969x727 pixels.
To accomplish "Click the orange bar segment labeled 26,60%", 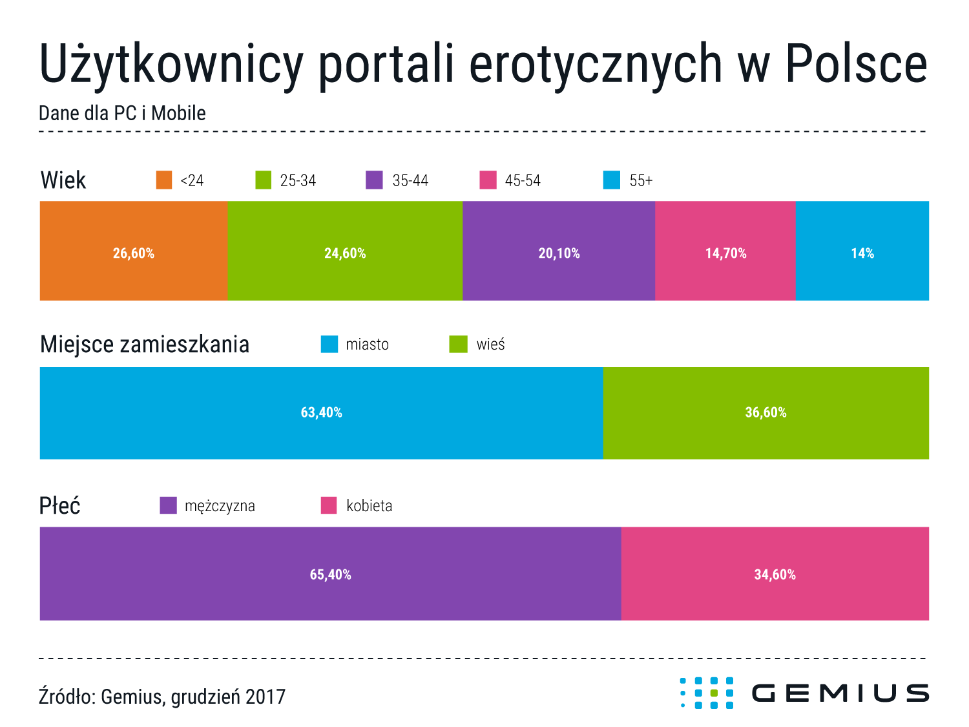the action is pos(133,251).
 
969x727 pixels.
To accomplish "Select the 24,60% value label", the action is pos(345,253).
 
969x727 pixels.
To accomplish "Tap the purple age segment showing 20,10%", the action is pos(558,251).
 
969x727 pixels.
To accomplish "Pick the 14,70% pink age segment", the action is pos(725,251).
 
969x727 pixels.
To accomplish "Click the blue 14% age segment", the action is pos(862,251).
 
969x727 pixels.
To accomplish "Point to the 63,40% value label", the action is pos(321,412).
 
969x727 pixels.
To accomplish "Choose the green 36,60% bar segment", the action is pos(766,413).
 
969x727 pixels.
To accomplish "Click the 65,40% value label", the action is pos(330,574).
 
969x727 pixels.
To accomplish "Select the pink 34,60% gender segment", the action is pos(775,573).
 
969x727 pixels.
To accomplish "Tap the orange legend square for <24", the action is pos(164,180).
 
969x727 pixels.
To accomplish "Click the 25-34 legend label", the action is pos(298,180).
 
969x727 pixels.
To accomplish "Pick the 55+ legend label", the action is pos(641,180).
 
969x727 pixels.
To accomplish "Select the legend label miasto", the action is pos(368,344).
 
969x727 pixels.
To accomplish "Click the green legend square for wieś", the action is pos(458,344).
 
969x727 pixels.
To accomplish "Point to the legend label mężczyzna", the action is pos(220,506).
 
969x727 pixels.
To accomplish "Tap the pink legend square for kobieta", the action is pos(329,505).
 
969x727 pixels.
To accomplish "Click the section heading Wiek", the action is pos(63,180).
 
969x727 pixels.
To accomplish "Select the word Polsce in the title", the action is pos(857,63).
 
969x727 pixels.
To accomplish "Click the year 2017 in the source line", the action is pos(266,697).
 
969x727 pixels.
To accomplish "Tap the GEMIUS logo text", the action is pos(840,693).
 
